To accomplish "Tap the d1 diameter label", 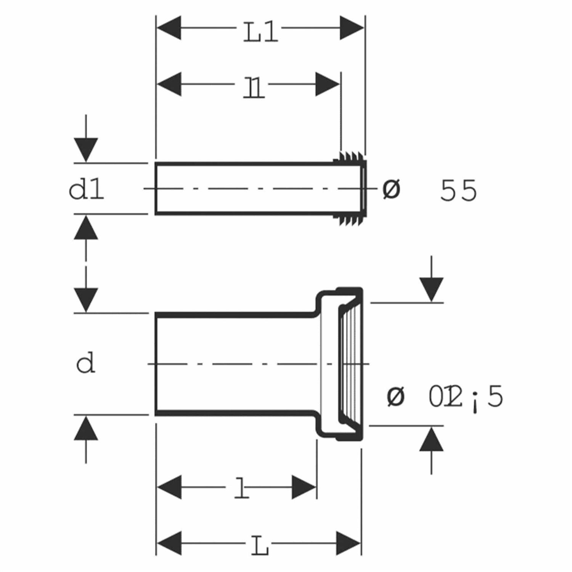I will click(x=86, y=190).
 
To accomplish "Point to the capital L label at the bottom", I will click(x=260, y=548).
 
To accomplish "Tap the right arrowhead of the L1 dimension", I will click(x=352, y=28).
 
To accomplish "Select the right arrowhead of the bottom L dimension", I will click(x=349, y=543).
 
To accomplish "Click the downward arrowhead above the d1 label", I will click(x=86, y=149).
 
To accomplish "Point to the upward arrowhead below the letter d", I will click(x=86, y=428).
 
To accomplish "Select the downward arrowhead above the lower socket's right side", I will click(x=431, y=289).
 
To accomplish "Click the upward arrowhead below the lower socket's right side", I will click(x=431, y=439).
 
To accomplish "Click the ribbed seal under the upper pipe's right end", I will click(x=349, y=220).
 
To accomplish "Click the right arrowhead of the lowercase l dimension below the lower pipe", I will click(x=304, y=487).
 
